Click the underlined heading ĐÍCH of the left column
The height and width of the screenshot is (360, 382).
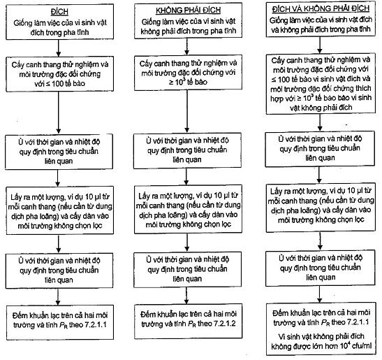point(59,11)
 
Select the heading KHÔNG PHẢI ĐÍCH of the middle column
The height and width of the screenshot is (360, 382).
point(188,10)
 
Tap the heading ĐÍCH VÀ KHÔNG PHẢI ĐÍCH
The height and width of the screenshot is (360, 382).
point(321,9)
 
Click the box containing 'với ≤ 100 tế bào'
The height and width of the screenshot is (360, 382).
point(59,74)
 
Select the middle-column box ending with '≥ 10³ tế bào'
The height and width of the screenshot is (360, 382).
point(188,73)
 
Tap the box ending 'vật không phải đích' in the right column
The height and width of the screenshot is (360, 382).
point(321,84)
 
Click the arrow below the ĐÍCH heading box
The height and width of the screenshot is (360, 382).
point(59,48)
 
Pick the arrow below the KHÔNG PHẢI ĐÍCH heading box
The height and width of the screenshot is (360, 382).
point(187,47)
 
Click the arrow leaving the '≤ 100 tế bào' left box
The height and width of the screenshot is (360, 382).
point(59,113)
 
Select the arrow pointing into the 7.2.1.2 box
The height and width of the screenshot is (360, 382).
point(186,296)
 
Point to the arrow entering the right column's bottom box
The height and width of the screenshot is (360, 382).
point(320,294)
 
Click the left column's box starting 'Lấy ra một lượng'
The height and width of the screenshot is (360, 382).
point(59,210)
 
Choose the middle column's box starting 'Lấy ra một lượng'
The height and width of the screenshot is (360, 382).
point(188,209)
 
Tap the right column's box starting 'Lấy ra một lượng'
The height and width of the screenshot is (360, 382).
point(321,208)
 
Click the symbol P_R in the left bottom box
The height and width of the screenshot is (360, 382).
point(63,325)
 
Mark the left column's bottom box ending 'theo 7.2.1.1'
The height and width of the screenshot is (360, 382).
point(59,322)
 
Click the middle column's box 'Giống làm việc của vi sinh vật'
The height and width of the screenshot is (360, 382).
point(188,21)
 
